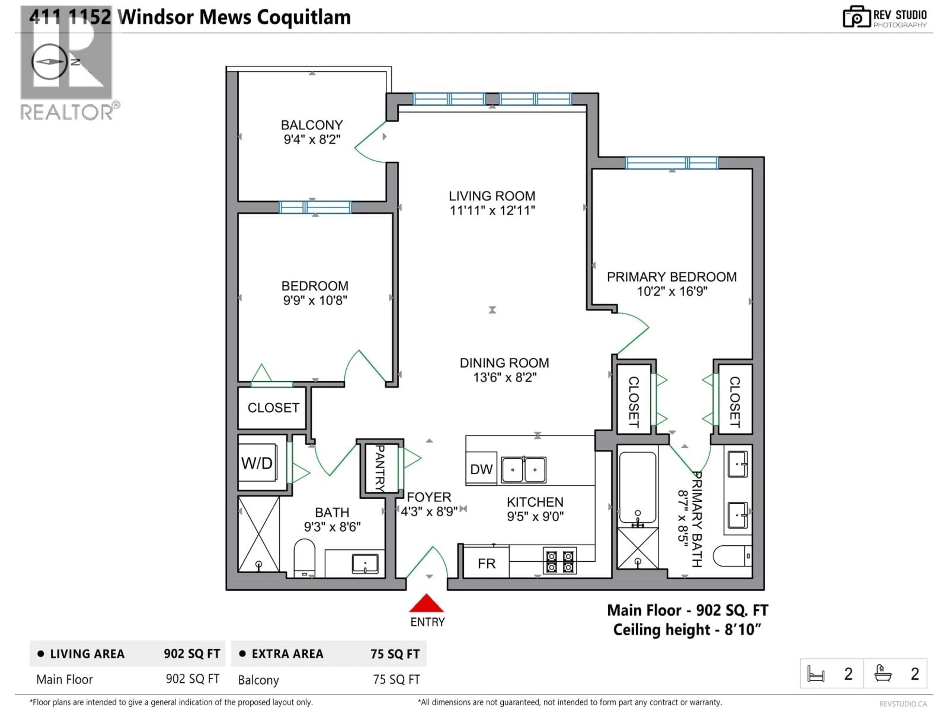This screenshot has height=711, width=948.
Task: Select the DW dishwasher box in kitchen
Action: [x=481, y=469]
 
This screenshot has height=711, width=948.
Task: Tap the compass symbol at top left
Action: [x=49, y=62]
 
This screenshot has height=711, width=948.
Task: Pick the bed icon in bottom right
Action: [x=816, y=674]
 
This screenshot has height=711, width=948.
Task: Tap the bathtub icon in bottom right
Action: [x=883, y=674]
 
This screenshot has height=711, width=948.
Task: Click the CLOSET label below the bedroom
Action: [x=274, y=408]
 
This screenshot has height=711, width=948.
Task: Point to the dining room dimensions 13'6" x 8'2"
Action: [x=504, y=377]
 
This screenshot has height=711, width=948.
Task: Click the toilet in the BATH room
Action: [x=304, y=558]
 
